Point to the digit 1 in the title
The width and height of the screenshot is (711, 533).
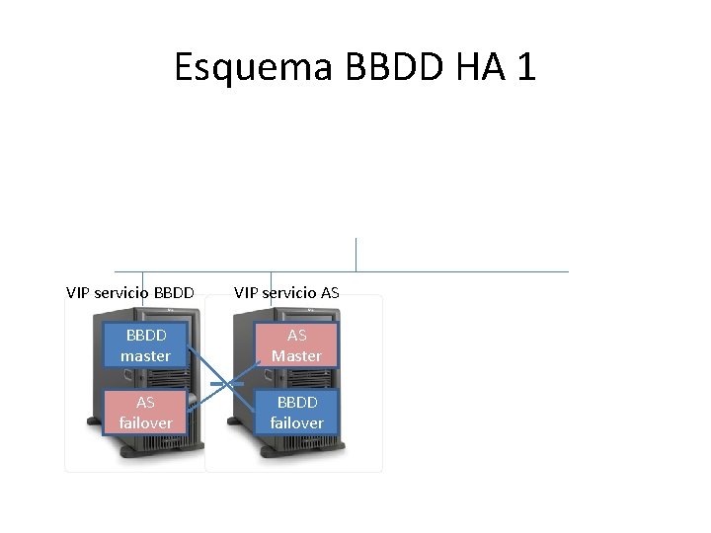pos(526,67)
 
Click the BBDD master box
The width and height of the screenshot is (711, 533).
pos(145,345)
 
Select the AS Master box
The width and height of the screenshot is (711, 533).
pos(296,345)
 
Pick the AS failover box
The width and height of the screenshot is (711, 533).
pos(145,413)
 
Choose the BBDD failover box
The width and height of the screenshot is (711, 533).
pos(296,413)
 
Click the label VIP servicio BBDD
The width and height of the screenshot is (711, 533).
pos(129,292)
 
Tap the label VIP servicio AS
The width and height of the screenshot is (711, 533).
pos(286,292)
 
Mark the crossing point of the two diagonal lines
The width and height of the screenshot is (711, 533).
pos(227,382)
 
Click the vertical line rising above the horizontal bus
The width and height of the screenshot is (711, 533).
pos(355,254)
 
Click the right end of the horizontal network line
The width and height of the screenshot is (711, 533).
pos(567,271)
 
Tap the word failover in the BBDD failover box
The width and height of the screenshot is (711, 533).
pos(296,422)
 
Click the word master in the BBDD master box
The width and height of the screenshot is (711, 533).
pos(145,355)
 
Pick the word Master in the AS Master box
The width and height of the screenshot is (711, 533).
pos(296,355)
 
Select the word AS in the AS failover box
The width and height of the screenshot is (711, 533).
pos(145,403)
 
